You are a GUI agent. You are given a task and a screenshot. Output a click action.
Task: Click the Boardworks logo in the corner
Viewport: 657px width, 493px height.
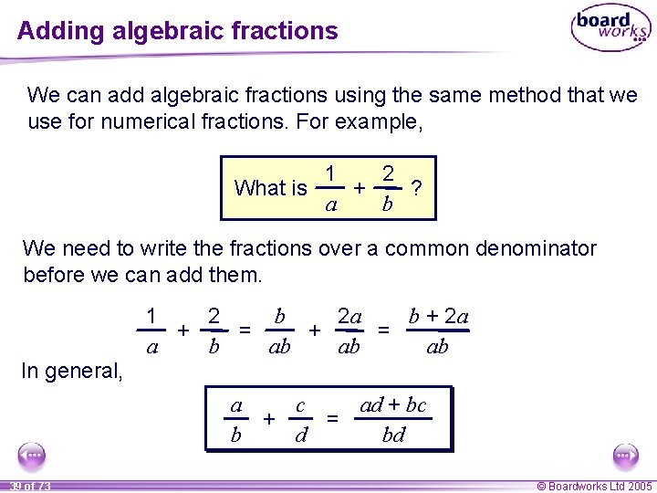(610, 28)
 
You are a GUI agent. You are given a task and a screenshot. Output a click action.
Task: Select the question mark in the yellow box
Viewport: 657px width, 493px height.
(417, 188)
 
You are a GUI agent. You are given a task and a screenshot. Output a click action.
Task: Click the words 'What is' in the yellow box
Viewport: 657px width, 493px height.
(270, 188)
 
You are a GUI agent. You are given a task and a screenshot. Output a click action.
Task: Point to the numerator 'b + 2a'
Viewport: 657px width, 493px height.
(438, 317)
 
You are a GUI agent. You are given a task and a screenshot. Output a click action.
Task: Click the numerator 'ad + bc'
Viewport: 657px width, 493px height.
(393, 405)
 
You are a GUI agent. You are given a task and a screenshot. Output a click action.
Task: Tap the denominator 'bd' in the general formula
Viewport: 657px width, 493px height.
(393, 435)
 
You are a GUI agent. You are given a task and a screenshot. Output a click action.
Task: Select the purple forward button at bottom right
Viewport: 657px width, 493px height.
(625, 456)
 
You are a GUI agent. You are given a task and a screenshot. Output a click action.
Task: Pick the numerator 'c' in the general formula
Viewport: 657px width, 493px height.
(300, 405)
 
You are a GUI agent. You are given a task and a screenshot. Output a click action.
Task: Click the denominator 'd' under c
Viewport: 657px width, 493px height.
(300, 435)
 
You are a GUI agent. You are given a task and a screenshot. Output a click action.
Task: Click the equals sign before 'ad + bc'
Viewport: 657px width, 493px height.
(333, 419)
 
